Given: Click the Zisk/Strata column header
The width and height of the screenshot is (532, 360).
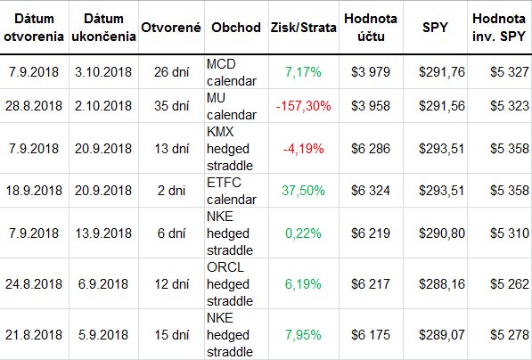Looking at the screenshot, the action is tap(303, 28).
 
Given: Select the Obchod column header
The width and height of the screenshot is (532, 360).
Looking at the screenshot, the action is tap(236, 28).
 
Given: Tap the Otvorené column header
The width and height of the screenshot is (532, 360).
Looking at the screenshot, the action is tap(171, 28).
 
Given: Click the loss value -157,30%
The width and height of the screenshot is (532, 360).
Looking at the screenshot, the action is tap(303, 106).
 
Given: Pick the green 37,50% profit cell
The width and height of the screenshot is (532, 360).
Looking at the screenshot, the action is tap(303, 191).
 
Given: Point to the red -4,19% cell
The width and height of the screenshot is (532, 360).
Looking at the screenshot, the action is tap(303, 148).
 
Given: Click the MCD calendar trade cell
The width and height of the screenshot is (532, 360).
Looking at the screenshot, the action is tap(232, 72).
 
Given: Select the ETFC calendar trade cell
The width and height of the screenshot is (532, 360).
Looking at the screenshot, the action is tap(232, 191).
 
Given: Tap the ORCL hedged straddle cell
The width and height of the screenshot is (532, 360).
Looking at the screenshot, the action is tap(230, 284).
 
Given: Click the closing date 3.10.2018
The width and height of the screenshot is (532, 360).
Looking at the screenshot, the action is tap(103, 72).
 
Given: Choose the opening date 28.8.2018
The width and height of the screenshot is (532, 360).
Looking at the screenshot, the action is tap(34, 106).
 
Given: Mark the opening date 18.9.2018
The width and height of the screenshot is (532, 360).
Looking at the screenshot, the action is tap(34, 191).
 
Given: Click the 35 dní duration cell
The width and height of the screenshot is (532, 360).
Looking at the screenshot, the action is tap(171, 106).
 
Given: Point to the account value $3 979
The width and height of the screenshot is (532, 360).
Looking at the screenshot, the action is tap(371, 72).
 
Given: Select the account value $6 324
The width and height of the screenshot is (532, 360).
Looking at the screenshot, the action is tap(371, 191).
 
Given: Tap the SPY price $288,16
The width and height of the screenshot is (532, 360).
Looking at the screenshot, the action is tap(442, 284).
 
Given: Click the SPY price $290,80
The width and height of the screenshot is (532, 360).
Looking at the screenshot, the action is tap(442, 233).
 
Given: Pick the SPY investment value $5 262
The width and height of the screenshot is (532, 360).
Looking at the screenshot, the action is tap(510, 284).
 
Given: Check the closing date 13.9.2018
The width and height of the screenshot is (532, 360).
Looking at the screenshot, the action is tap(103, 233).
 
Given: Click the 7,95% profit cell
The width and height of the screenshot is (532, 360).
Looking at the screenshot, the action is tap(303, 335).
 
